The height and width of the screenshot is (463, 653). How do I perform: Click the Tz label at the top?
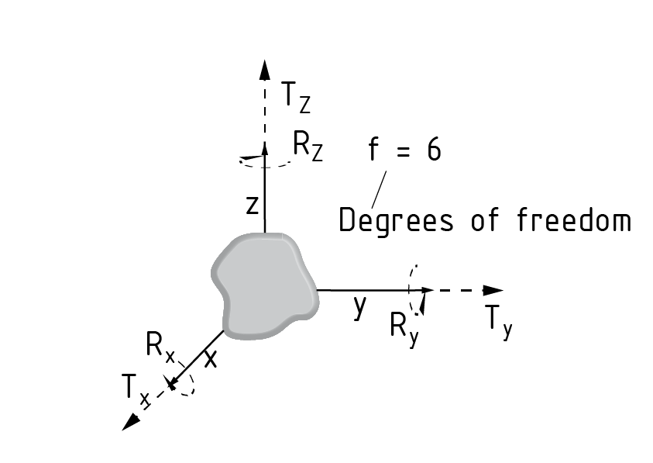point(295,96)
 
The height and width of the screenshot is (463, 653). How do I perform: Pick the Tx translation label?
point(134,388)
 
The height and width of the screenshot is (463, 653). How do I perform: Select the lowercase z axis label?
point(252,206)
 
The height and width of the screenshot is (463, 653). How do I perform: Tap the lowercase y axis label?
point(359,306)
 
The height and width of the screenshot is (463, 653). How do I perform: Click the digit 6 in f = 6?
point(433,150)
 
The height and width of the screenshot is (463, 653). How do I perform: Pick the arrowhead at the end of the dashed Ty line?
point(493,290)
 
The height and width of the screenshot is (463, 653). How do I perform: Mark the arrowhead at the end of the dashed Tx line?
point(131,420)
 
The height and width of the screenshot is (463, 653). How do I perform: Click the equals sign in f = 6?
point(401,150)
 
